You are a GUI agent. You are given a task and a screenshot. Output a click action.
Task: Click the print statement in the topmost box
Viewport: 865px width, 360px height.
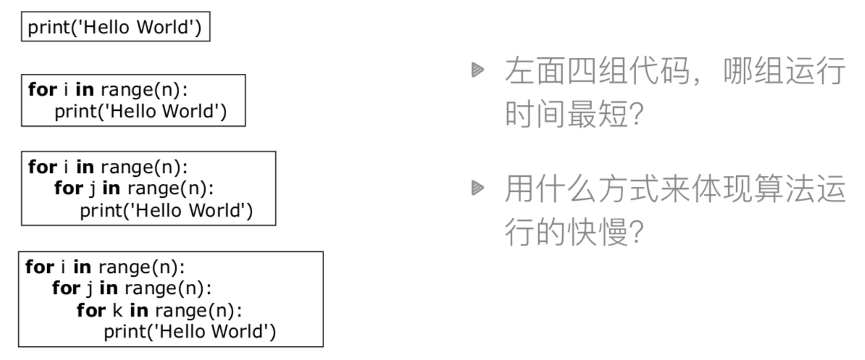(114, 29)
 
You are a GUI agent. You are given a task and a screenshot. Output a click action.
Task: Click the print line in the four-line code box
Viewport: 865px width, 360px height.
(190, 332)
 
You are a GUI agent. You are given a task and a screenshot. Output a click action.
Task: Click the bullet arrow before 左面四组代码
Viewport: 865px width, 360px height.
(477, 71)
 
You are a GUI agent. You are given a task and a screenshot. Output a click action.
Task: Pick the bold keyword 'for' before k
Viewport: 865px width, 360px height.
(90, 311)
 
